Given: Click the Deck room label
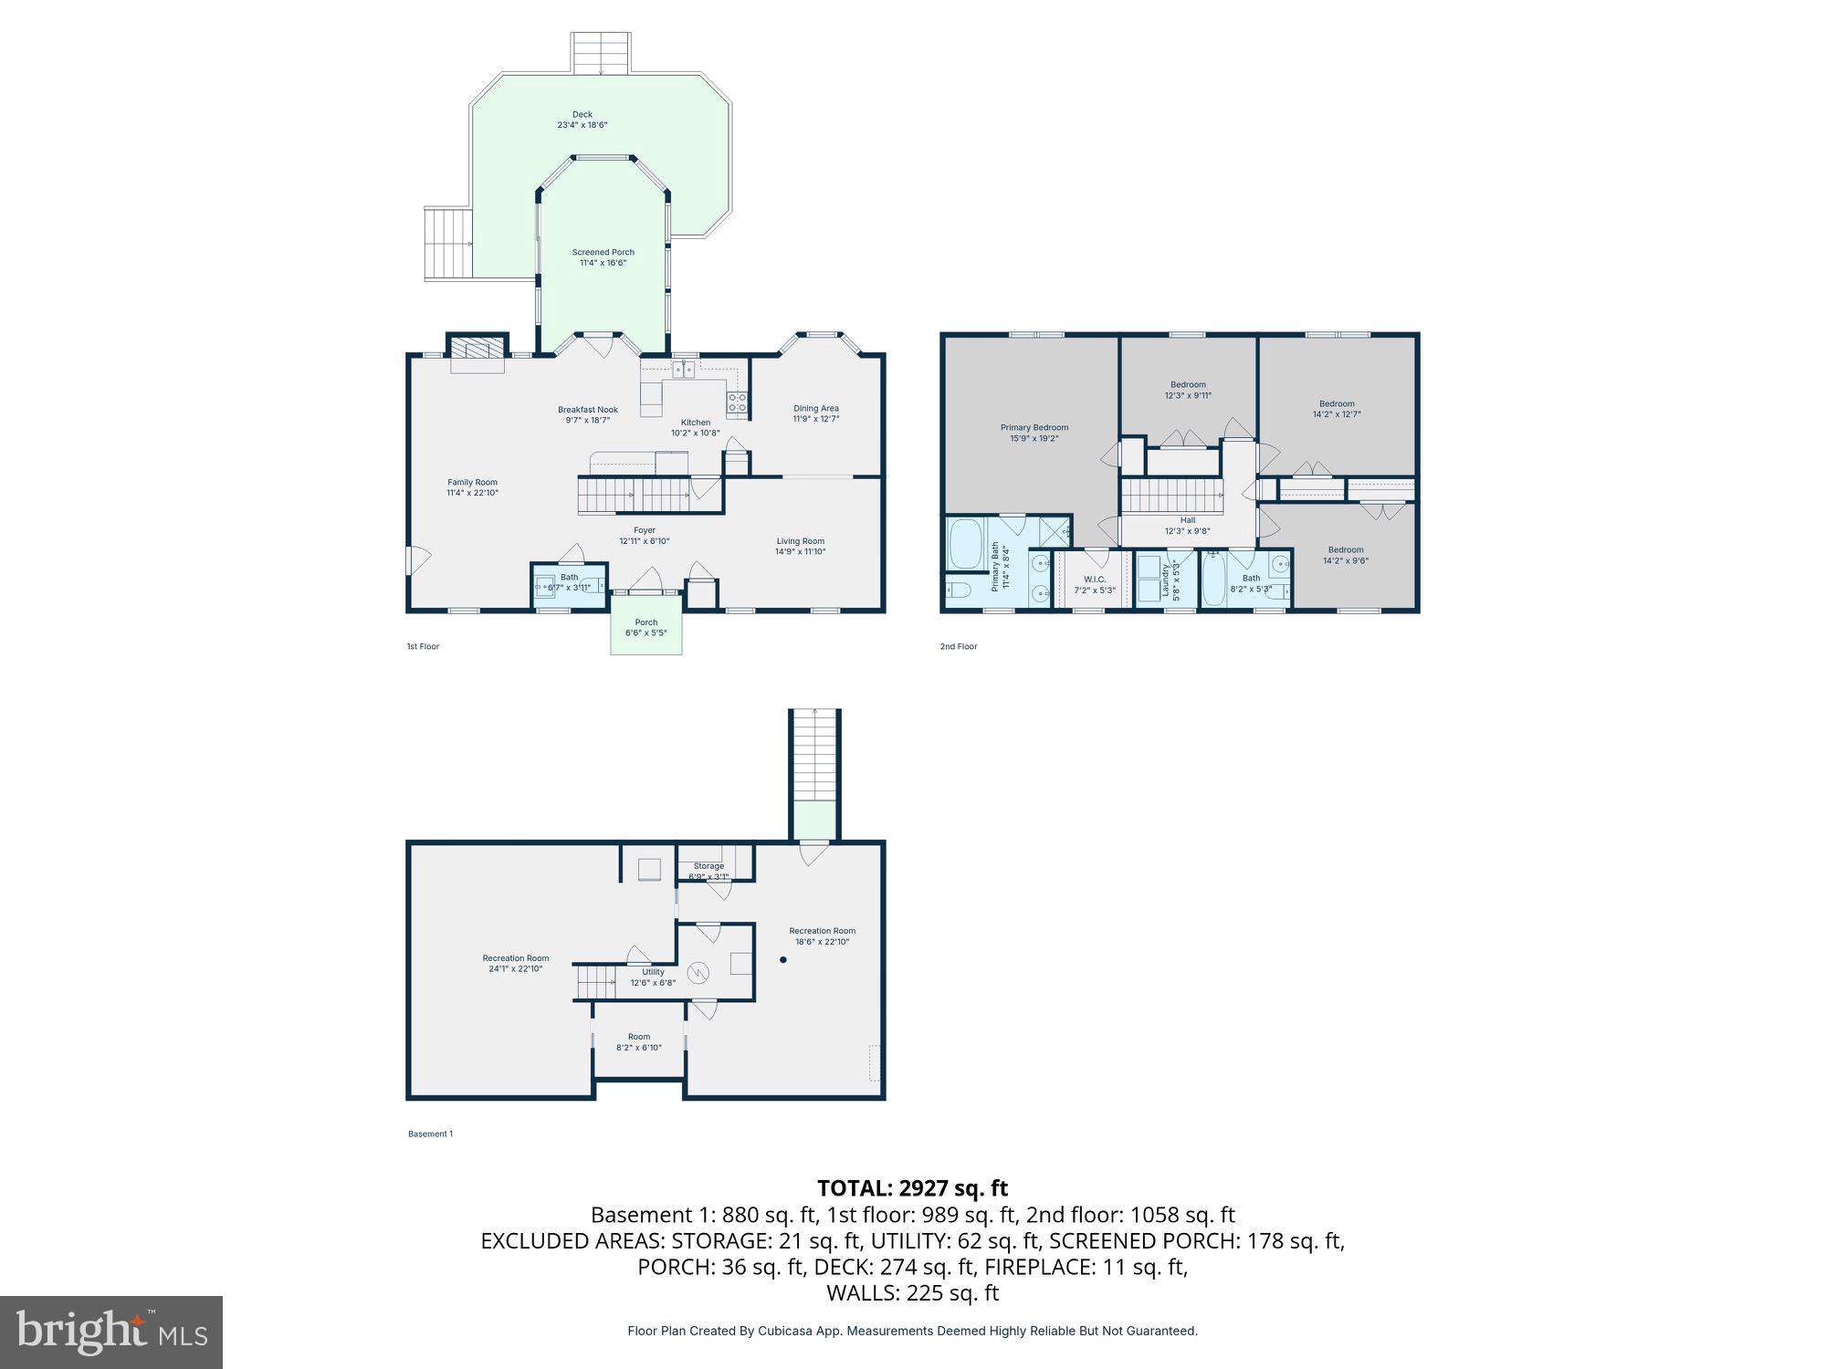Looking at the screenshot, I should [582, 115].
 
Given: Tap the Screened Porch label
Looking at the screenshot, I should [603, 253].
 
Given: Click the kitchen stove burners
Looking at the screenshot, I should [737, 402].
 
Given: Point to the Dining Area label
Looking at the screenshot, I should [815, 409].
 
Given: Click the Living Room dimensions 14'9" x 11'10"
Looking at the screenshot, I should [800, 552].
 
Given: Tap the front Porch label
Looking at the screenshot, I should [645, 622].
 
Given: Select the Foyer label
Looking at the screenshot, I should [645, 530].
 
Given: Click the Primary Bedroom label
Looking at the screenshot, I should [1034, 428].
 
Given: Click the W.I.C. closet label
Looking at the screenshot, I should [1095, 580].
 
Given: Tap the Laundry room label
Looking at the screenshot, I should [1166, 579].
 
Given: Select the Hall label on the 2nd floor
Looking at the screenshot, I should [1187, 520].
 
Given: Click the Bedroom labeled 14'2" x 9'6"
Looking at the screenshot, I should [1345, 550].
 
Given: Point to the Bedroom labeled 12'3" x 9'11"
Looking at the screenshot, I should [1188, 385].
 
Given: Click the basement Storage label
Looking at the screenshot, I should [708, 866].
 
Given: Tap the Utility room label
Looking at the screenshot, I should [653, 972].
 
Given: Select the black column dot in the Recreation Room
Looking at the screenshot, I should [782, 960].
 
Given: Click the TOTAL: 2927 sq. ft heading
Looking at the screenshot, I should [912, 1188].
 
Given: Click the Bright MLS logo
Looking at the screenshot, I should [111, 1332].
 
